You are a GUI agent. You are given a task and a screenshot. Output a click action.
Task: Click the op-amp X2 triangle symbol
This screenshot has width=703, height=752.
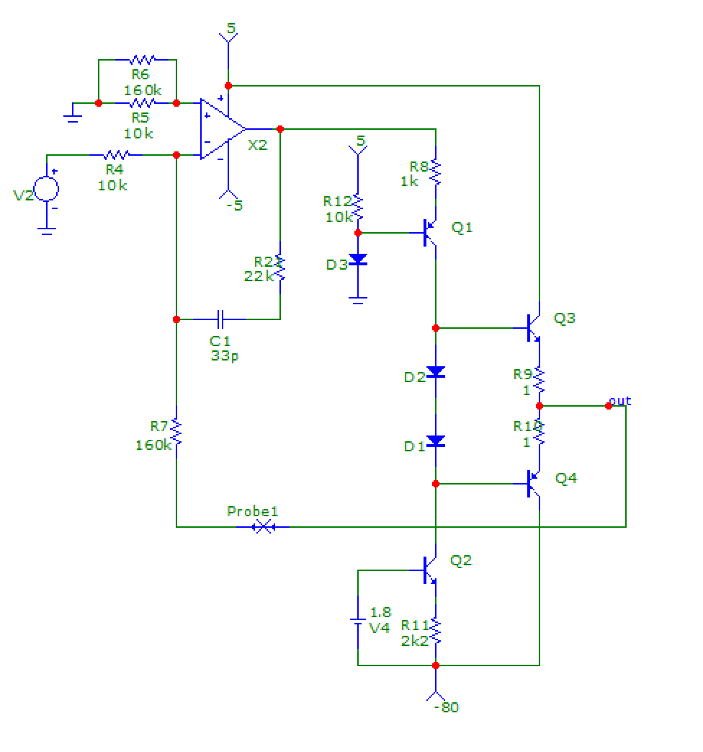click(x=222, y=129)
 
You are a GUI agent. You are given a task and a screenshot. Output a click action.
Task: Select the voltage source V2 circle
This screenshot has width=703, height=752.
click(x=47, y=189)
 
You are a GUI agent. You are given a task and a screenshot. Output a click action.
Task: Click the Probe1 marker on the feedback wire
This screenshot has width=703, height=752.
click(x=263, y=527)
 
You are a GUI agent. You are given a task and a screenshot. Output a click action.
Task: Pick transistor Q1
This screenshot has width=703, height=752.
click(x=431, y=233)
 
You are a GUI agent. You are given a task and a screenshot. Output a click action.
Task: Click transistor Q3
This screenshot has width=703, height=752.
click(x=534, y=328)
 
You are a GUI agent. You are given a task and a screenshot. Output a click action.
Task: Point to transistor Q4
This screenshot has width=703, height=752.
click(x=534, y=484)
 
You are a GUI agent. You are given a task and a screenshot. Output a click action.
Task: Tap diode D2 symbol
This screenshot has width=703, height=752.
click(x=436, y=372)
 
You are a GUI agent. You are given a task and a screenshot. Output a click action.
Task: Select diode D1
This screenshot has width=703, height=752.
click(x=436, y=441)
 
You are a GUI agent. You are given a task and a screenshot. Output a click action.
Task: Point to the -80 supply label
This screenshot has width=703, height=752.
click(x=446, y=707)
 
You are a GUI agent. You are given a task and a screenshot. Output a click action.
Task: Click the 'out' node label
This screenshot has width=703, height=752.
click(x=619, y=400)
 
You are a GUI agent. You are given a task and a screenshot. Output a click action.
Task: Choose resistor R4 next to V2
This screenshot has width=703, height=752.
click(x=115, y=155)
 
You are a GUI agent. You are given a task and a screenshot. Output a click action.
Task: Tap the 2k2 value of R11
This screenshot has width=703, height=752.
click(x=414, y=640)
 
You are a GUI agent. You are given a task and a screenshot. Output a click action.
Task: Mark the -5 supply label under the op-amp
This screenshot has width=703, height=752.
click(x=233, y=205)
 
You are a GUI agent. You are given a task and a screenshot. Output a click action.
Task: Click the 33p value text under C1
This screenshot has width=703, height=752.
click(x=221, y=355)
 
